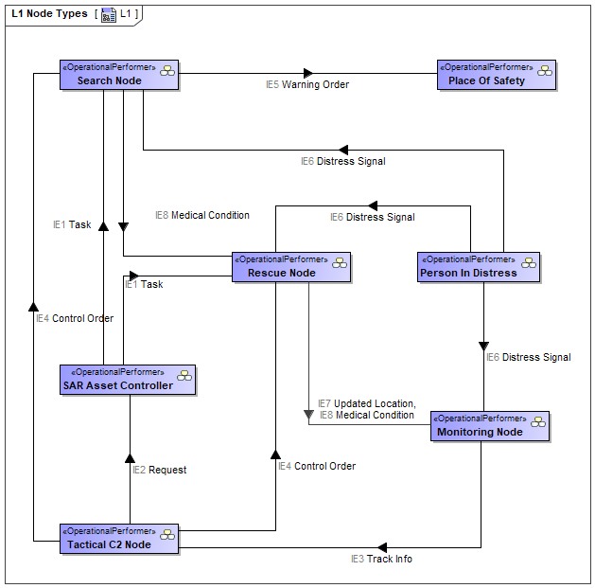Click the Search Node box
119,75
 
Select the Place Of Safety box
497,75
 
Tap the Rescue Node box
291,267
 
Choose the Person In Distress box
478,267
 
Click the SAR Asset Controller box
128,380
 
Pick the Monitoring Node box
489,426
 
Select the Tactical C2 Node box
119,539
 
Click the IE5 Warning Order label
307,84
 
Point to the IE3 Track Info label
381,559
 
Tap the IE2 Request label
159,470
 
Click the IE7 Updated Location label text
367,403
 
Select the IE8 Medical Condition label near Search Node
202,215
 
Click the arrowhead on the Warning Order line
308,73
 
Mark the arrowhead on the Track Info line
382,547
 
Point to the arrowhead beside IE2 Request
130,458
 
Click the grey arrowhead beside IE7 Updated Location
308,415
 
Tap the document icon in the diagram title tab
109,15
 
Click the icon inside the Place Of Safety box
545,71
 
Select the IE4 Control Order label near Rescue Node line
317,466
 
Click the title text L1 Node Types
50,13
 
